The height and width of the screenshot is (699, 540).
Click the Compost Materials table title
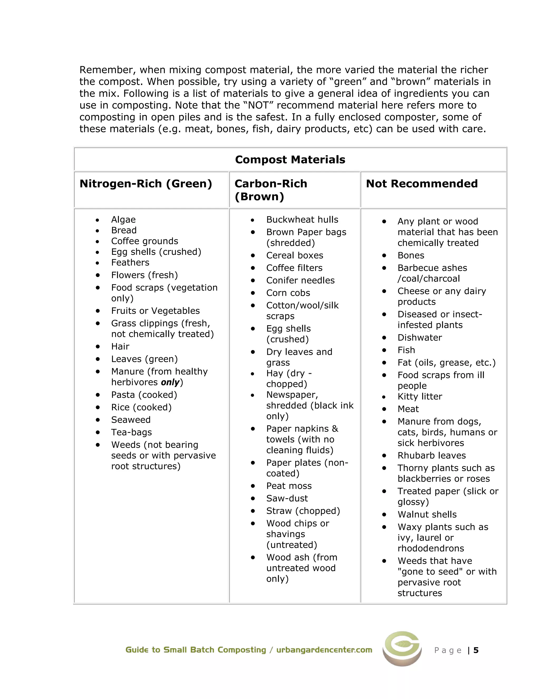coord(290,159)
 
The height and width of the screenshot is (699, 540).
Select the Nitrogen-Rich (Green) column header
coord(146,184)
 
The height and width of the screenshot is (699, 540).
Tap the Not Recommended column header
coord(422,184)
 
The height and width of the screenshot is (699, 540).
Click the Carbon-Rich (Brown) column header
coord(271,190)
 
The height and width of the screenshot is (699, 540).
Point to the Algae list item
coord(123,219)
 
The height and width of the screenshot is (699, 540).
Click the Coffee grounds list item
coord(144,241)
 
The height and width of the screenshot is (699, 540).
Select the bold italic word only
coord(170,382)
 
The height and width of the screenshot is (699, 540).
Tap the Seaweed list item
coord(131,420)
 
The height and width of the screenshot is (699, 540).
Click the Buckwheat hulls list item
coord(302,219)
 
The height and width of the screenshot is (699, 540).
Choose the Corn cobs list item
coord(288,293)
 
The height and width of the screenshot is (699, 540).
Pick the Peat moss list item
coord(289,486)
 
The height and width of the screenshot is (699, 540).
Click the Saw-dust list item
coord(287,498)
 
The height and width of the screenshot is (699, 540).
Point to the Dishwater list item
coord(420,338)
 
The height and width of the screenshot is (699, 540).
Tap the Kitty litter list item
coord(420,396)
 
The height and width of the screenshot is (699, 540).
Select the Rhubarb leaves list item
coord(432,456)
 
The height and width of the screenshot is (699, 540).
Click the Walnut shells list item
coord(427,514)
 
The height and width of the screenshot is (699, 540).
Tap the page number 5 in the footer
coord(476,650)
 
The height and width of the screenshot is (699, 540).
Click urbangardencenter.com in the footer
coord(324,650)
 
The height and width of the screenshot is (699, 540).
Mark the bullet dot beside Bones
coord(384,255)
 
